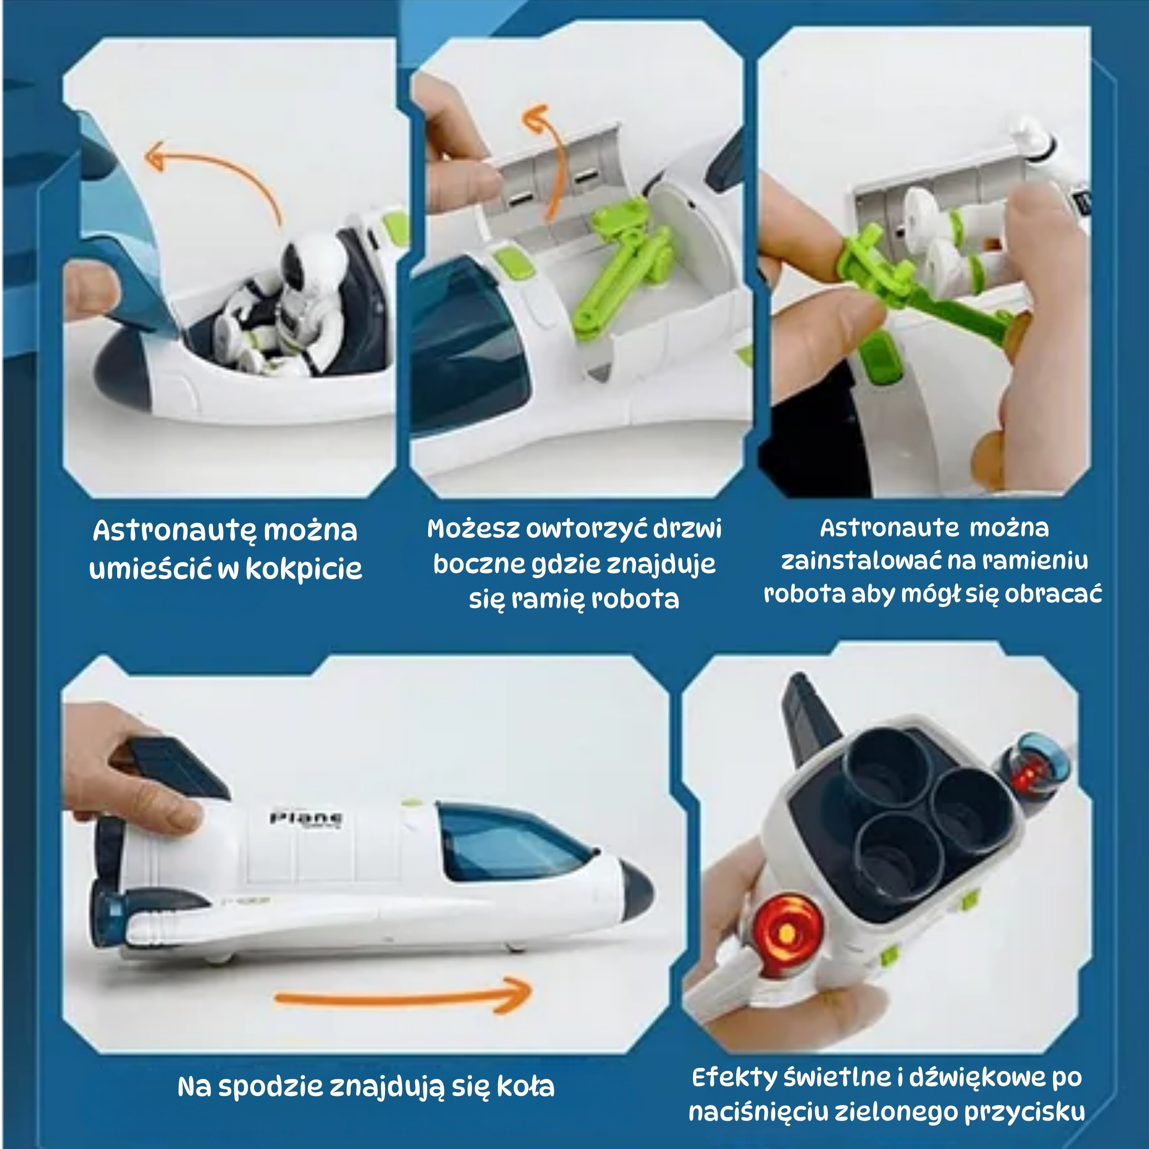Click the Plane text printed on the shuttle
[x=306, y=818]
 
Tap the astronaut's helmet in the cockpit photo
[x=310, y=262]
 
